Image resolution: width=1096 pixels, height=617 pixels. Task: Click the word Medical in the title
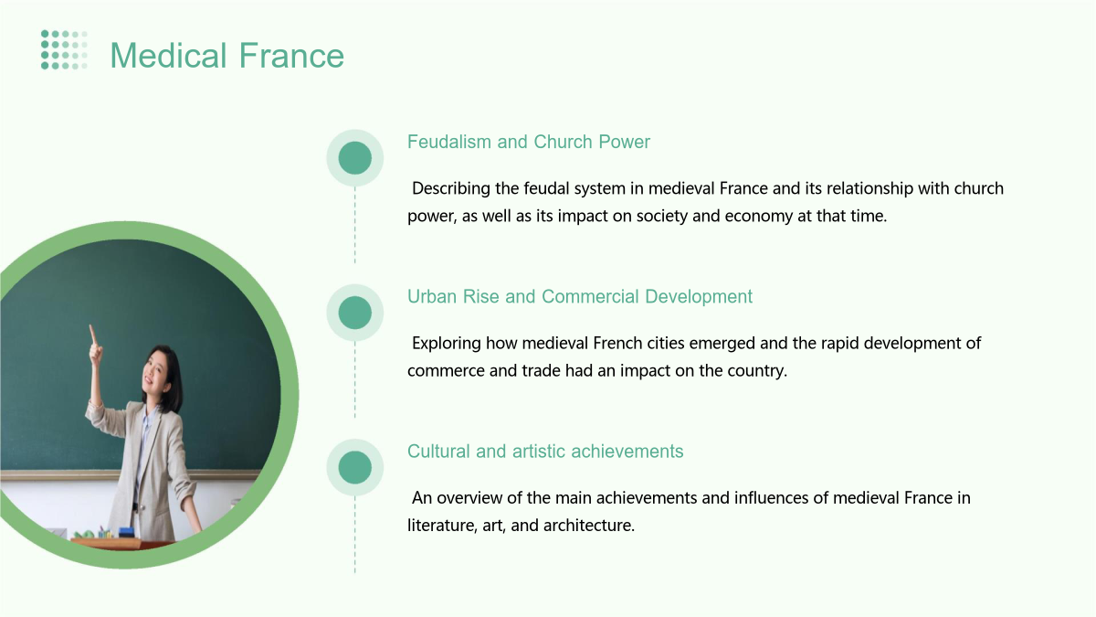(168, 56)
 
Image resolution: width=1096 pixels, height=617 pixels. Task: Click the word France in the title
(291, 56)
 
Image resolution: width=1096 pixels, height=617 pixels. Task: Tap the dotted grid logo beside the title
(64, 50)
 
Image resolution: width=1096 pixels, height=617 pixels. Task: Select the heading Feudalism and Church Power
(529, 142)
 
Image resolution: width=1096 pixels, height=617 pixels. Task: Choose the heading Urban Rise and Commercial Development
(580, 297)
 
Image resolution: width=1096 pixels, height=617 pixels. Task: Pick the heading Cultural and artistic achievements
(545, 452)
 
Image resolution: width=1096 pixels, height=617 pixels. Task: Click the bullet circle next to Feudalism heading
(354, 157)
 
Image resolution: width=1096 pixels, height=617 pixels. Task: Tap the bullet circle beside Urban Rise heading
(354, 313)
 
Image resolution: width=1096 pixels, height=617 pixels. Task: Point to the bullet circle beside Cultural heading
(354, 467)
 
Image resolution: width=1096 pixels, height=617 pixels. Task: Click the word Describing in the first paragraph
(450, 188)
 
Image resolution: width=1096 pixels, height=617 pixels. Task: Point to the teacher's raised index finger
(91, 334)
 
